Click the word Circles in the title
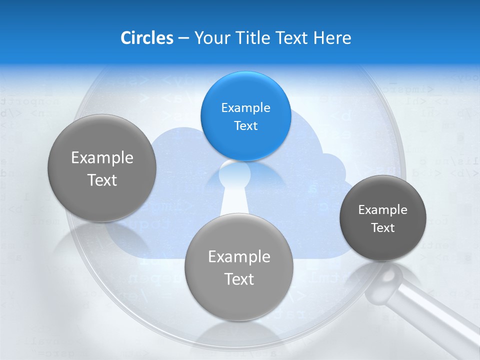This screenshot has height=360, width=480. tap(146, 38)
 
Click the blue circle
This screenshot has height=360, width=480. tap(245, 116)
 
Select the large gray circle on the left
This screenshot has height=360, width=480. tap(102, 168)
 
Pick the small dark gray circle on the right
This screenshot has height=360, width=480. tap(383, 218)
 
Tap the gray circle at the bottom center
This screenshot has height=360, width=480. tap(239, 267)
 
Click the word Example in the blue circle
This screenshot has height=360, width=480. tap(245, 107)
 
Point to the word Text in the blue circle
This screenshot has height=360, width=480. tap(245, 125)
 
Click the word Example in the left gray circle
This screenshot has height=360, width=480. tap(102, 157)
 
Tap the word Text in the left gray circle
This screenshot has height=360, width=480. tap(102, 180)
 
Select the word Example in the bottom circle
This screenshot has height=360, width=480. tap(239, 256)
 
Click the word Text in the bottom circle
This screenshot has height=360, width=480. tap(239, 279)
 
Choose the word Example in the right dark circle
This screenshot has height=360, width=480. tap(383, 209)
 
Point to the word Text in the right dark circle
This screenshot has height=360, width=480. tap(383, 227)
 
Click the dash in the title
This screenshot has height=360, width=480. tap(183, 38)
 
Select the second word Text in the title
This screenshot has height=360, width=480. tap(293, 38)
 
